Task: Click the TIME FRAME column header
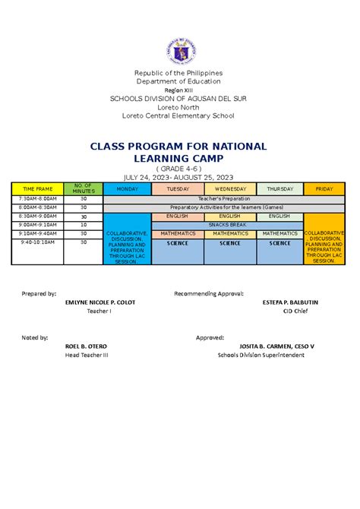point(38,188)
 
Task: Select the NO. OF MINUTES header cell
point(84,188)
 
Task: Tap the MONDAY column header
point(127,188)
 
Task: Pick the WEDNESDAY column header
point(229,188)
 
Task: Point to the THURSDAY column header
point(279,188)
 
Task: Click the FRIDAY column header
point(324,188)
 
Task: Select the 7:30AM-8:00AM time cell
point(38,198)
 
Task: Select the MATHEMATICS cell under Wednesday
point(229,234)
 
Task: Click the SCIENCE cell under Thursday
point(279,243)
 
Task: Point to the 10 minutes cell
point(84,225)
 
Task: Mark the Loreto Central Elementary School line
point(179,115)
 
